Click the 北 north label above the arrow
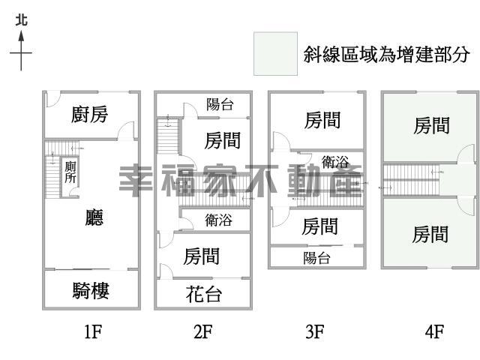(22, 20)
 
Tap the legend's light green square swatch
(275, 53)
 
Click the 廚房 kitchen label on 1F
(89, 114)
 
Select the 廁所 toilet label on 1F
(70, 172)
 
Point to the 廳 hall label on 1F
(94, 217)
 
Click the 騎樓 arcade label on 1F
(91, 290)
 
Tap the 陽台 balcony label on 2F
(220, 104)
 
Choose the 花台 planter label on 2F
(203, 294)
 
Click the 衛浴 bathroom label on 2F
(218, 220)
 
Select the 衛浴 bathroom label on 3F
(335, 161)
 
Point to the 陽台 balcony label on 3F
(316, 258)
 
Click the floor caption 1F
(93, 331)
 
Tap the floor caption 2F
(203, 331)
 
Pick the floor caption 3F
(315, 331)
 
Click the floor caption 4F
(435, 331)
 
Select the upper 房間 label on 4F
(432, 125)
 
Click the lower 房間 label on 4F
(430, 234)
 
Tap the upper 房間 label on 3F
(322, 120)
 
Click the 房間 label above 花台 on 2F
(202, 256)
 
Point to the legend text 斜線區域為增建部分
(386, 55)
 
